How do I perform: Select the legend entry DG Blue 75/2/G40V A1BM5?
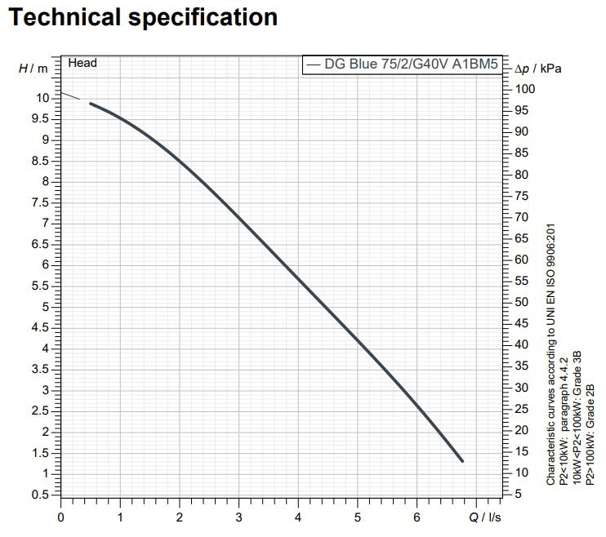tap(405, 65)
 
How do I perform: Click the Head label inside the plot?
tap(82, 63)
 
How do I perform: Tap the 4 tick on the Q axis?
tap(298, 516)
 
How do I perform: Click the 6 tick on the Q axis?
tap(417, 516)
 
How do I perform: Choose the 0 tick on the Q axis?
tap(60, 516)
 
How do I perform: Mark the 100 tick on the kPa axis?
tap(526, 89)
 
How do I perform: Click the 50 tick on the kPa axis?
tap(524, 302)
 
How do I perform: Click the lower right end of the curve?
tap(461, 460)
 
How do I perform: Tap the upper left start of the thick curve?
tap(91, 104)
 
